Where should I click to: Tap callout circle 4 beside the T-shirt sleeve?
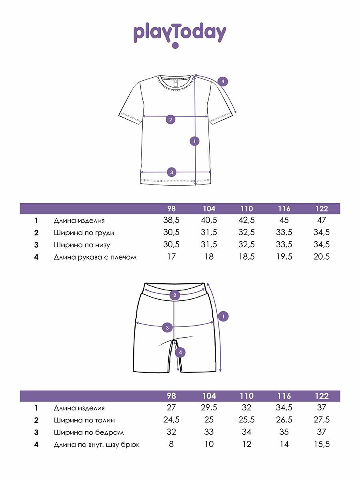(x=223, y=82)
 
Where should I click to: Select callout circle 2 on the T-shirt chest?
(x=170, y=119)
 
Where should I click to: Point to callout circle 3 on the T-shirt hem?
(x=171, y=172)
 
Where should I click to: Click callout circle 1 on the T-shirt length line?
(x=195, y=141)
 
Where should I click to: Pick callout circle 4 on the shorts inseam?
(x=180, y=352)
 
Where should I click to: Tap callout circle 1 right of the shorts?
(x=223, y=316)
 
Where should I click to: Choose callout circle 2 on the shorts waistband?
(x=174, y=296)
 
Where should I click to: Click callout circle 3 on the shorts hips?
(x=168, y=328)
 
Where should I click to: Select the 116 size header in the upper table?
(x=284, y=209)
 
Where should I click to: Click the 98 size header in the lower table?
(x=171, y=396)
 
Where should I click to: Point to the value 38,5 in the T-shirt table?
(x=171, y=220)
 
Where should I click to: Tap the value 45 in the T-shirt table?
(x=284, y=220)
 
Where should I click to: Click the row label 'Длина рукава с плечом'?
(x=95, y=257)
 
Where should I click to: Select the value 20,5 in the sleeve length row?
(x=322, y=257)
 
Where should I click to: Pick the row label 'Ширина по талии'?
(x=84, y=420)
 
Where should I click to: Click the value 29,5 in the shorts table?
(x=209, y=408)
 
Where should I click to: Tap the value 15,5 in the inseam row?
(x=322, y=444)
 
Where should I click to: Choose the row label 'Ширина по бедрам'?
(x=89, y=432)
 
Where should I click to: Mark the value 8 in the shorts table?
(x=171, y=444)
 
